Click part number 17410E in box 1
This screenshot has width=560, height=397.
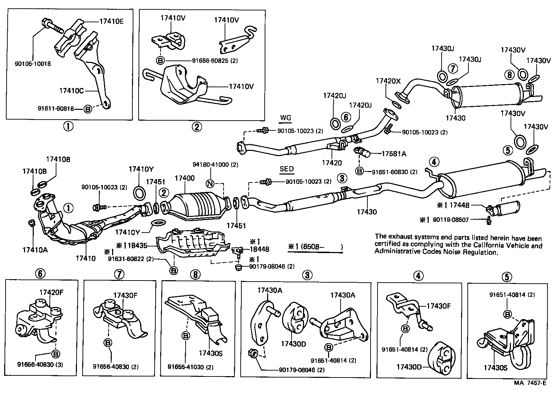point(111,21)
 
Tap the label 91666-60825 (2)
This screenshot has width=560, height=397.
point(215,60)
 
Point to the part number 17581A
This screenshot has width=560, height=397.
point(394,153)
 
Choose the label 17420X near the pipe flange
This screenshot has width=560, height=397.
point(388,81)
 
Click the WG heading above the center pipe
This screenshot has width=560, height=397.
point(285,118)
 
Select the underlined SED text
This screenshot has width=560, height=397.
point(287,169)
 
